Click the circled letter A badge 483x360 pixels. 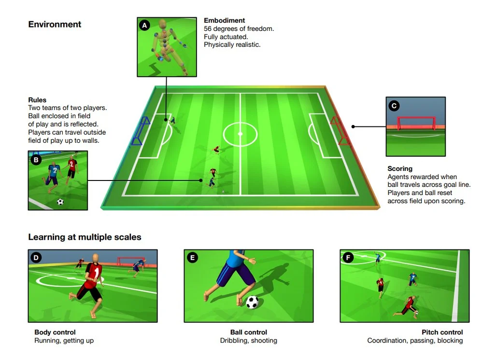144,25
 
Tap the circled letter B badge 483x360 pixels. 36,160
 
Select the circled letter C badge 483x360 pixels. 394,106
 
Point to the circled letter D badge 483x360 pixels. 36,258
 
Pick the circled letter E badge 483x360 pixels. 193,258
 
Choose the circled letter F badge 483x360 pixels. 348,258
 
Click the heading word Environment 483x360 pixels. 55,24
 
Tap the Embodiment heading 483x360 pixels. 224,20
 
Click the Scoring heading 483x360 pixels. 400,168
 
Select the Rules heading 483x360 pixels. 37,100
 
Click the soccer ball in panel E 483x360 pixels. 252,302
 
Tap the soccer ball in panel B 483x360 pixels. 60,202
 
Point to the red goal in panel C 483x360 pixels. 416,123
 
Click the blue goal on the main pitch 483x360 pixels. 140,131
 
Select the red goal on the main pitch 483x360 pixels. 340,131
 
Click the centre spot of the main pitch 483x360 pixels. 240,134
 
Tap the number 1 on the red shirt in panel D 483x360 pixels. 97,273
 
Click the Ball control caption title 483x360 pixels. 249,332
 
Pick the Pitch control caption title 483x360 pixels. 442,332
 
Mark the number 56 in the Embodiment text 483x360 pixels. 208,28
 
